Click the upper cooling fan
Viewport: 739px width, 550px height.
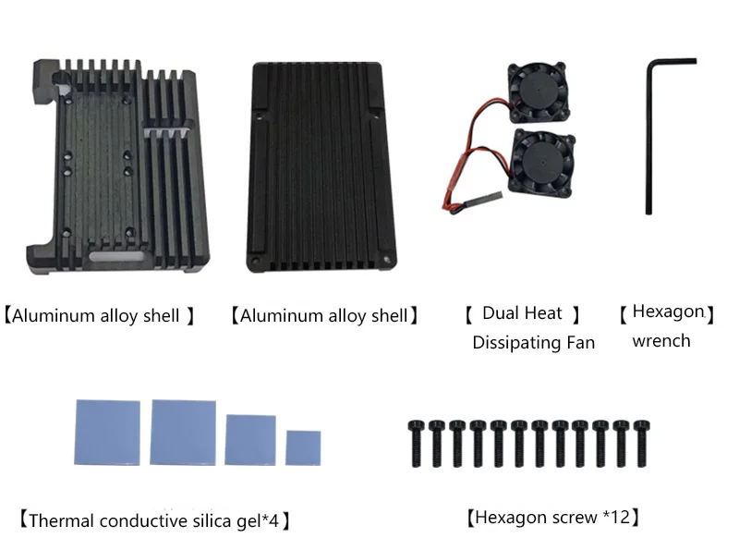(x=539, y=92)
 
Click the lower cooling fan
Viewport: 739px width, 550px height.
(x=543, y=162)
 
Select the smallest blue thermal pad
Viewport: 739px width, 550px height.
(x=303, y=447)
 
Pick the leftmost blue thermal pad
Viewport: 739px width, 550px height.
(x=107, y=433)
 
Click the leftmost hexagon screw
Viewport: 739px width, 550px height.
(x=416, y=444)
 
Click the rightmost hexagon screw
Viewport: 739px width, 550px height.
(x=641, y=444)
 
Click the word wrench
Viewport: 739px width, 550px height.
(x=661, y=340)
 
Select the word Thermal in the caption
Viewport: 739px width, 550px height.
(x=62, y=520)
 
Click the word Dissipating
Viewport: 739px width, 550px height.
(x=516, y=343)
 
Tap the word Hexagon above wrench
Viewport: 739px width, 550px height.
(x=668, y=312)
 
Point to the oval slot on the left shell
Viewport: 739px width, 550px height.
(x=116, y=257)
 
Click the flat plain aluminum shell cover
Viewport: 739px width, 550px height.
(x=321, y=167)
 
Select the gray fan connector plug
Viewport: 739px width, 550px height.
(x=483, y=199)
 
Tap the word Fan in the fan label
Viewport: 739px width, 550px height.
(x=581, y=342)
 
